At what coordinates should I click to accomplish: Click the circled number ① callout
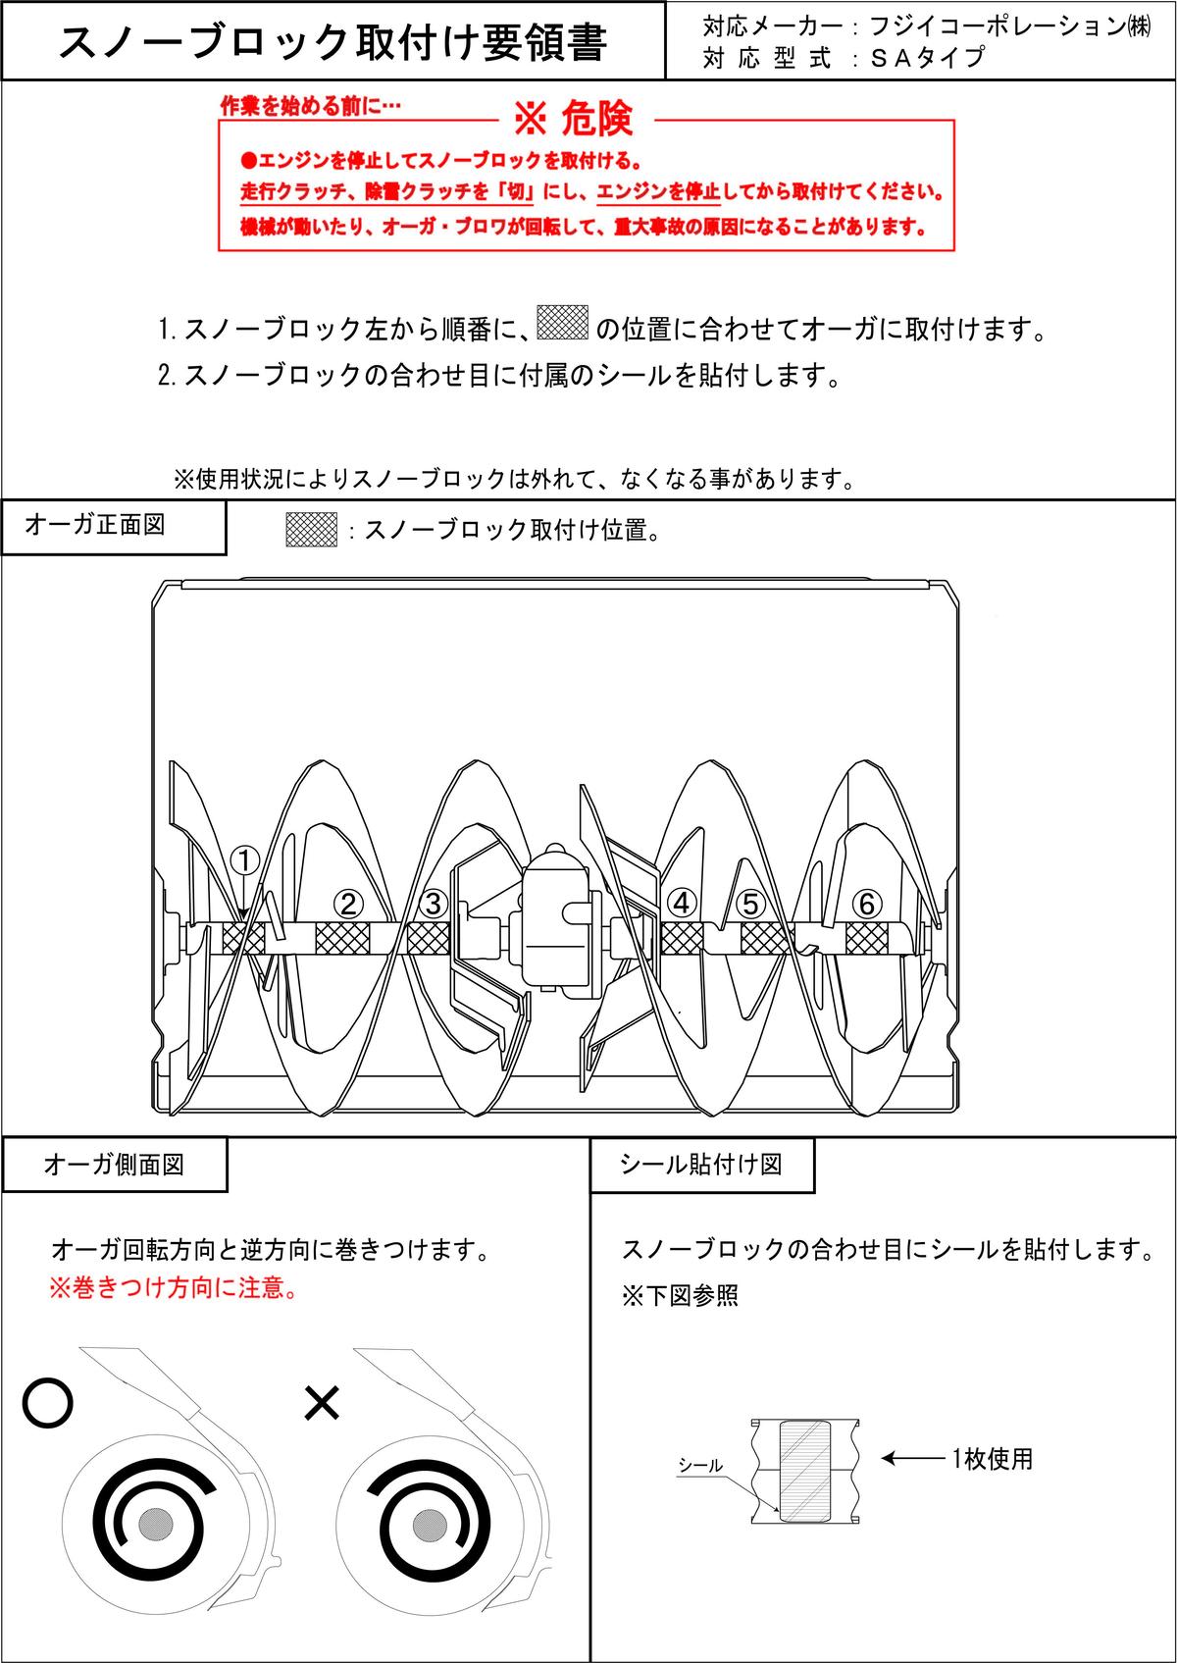(x=244, y=860)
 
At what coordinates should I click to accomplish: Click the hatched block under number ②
(x=342, y=939)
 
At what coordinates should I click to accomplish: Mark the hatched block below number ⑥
(x=866, y=939)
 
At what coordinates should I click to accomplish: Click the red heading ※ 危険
(x=573, y=120)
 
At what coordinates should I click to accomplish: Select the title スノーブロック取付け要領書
(x=333, y=42)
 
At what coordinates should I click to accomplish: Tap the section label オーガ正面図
(x=95, y=525)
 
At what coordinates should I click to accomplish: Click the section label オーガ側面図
(x=114, y=1165)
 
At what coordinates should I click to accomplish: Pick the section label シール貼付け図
(x=701, y=1165)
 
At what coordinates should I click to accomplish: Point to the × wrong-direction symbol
(x=321, y=1404)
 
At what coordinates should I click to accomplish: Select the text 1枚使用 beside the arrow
(x=992, y=1459)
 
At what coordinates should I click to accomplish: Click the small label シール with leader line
(x=700, y=1466)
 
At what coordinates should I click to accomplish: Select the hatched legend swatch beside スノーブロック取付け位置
(x=311, y=530)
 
